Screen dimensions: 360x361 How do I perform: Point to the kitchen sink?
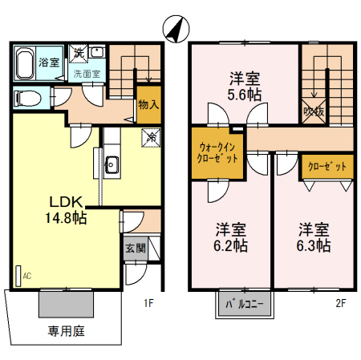pos(112,167)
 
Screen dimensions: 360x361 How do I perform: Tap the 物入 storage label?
pos(148,104)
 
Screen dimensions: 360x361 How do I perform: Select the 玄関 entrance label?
pos(136,249)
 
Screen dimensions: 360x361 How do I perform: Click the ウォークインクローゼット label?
pos(219,152)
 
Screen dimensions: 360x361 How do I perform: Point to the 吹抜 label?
pos(314,111)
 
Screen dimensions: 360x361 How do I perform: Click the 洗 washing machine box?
pos(79,52)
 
